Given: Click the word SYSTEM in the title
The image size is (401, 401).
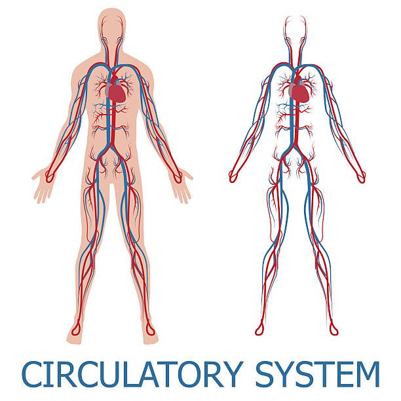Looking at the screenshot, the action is coord(318,374).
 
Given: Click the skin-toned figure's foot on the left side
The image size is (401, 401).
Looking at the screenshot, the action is coord(74,332).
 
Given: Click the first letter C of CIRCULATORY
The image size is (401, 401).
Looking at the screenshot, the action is coord(33,374).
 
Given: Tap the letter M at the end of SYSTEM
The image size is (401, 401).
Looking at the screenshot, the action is coord(368,374).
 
